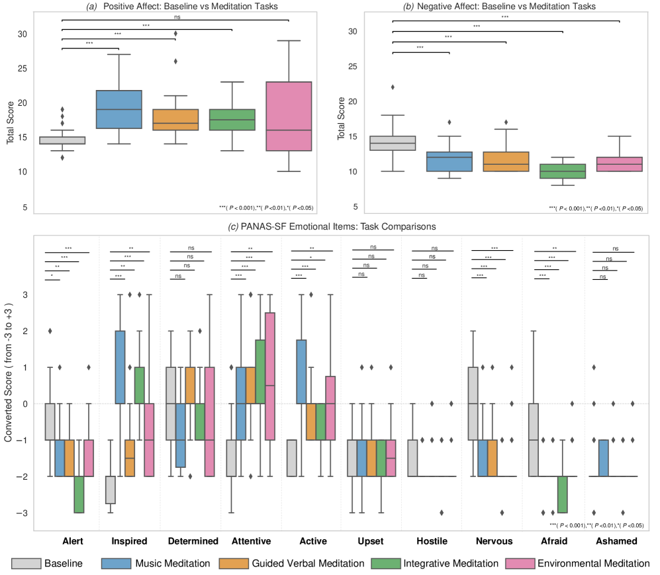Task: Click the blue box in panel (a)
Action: (119, 109)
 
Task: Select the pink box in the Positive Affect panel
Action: (289, 116)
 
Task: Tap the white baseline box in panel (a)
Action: (62, 140)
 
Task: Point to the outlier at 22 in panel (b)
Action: (393, 87)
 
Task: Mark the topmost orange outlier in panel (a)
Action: (176, 33)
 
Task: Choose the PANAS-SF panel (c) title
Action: (332, 227)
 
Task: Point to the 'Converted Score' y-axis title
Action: (9, 373)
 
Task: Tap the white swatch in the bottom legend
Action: (26, 563)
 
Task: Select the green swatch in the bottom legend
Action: (386, 563)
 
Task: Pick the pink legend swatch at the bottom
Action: (520, 563)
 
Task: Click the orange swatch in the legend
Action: (234, 563)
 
